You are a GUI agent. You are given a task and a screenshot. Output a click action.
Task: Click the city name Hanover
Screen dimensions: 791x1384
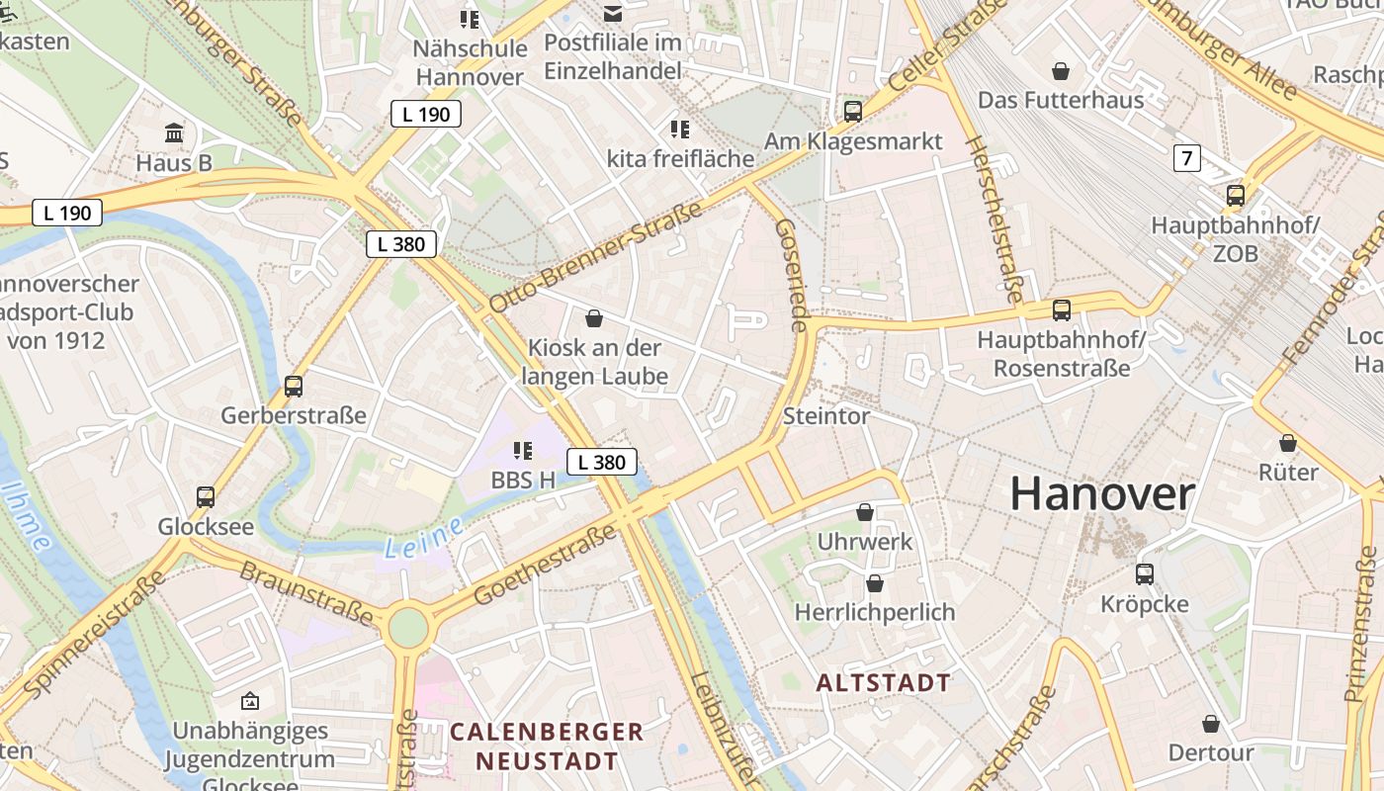coord(1102,493)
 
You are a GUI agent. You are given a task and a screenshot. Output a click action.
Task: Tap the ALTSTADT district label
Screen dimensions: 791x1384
coord(884,682)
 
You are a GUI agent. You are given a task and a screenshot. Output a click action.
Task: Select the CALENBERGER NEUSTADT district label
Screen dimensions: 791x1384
coord(547,747)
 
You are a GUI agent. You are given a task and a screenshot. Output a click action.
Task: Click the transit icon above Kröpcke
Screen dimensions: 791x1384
coord(1145,573)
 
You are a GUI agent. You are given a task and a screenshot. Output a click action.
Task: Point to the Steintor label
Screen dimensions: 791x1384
coord(826,416)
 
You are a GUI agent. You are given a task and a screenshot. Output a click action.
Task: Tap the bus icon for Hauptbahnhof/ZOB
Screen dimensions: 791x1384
coord(1236,196)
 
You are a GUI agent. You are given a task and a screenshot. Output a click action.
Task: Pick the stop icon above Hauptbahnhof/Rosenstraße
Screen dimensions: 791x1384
coord(1062,310)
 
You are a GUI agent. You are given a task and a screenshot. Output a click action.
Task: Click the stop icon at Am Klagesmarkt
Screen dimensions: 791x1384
coord(853,111)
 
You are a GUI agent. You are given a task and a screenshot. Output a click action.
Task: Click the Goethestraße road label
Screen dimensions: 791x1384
coord(545,566)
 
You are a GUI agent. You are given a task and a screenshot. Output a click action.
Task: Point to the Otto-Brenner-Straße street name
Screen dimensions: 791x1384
coord(595,257)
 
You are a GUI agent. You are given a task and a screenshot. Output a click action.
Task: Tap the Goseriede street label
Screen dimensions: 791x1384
coord(793,274)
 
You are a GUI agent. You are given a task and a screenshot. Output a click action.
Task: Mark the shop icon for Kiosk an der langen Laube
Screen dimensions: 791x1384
coord(594,318)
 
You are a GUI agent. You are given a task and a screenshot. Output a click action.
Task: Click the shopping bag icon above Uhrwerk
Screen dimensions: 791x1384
coord(865,512)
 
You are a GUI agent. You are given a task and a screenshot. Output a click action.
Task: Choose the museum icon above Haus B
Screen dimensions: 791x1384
coord(175,132)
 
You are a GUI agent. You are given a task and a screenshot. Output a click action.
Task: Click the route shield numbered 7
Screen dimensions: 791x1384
coord(1187,157)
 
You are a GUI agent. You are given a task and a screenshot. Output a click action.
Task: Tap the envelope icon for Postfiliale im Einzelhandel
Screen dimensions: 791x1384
coord(613,13)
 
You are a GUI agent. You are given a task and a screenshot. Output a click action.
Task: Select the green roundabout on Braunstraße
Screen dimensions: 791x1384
coord(407,627)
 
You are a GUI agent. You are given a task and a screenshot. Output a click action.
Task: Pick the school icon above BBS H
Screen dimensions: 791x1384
coord(523,451)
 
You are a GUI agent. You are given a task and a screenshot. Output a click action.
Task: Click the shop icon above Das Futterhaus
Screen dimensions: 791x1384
coord(1061,71)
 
